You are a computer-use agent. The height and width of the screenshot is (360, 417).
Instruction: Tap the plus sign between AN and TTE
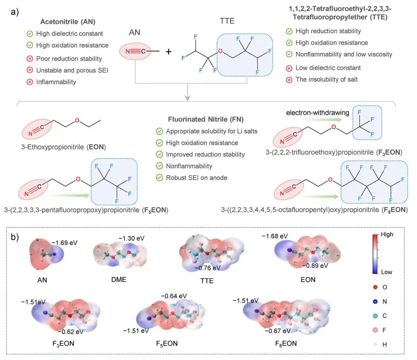point(168,51)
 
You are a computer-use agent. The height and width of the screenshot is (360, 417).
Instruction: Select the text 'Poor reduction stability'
point(69,58)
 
